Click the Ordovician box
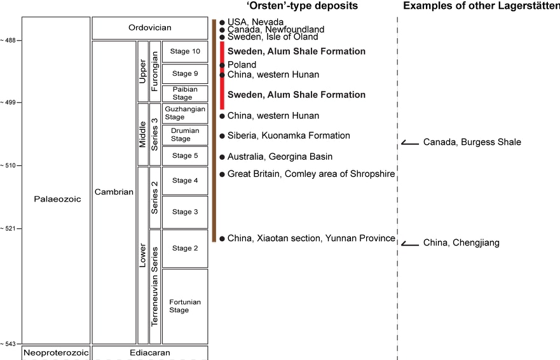tap(149, 28)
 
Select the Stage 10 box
tap(184, 51)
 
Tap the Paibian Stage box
tap(184, 93)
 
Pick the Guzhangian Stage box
tap(184, 113)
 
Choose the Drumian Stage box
tap(184, 135)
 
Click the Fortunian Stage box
tap(184, 306)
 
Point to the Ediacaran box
tap(149, 353)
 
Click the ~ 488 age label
tap(11, 40)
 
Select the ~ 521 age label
tap(11, 228)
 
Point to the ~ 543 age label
tap(11, 344)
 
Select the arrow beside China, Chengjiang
tap(410, 243)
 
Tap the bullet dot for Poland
tap(222, 65)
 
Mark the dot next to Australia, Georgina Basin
tap(222, 156)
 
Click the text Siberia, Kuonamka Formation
tap(289, 135)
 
